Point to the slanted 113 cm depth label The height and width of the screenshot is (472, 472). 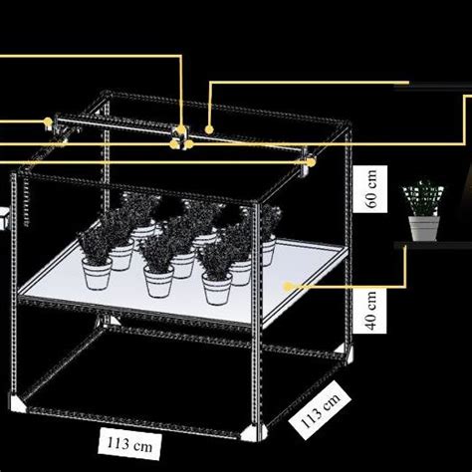point(317,410)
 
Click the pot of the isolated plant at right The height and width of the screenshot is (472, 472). point(423,228)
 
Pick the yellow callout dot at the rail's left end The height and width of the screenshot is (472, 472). point(48,122)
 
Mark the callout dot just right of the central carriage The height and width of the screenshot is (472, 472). point(209,127)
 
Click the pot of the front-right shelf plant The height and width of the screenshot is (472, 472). point(217,287)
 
